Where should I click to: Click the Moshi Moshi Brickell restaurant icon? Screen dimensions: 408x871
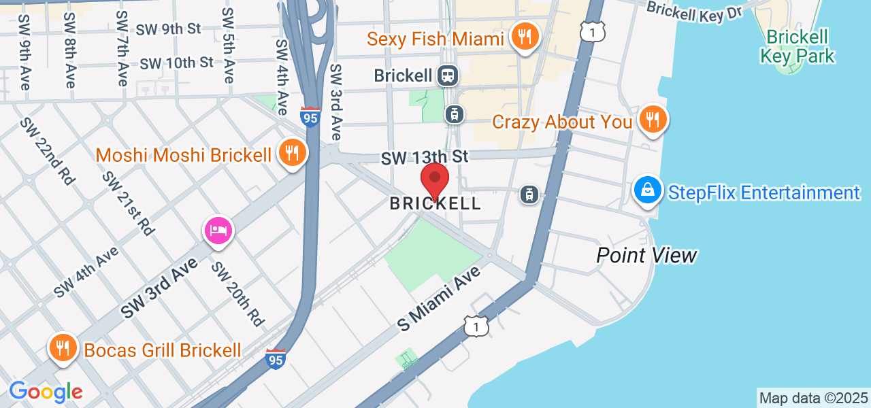click(x=292, y=153)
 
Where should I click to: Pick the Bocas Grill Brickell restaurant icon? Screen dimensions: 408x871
click(x=63, y=349)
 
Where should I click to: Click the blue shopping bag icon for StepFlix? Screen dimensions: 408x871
click(x=648, y=190)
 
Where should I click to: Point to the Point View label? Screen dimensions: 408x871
click(x=646, y=256)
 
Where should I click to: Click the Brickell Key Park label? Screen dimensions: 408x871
click(x=798, y=46)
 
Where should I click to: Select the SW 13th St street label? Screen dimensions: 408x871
click(x=425, y=158)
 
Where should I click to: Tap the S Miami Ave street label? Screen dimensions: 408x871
click(x=439, y=299)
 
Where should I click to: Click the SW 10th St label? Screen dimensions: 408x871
click(x=176, y=63)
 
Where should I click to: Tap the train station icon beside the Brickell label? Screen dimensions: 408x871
click(x=447, y=75)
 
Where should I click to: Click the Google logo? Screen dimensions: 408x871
click(x=46, y=392)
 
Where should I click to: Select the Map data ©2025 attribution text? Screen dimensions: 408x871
click(x=813, y=398)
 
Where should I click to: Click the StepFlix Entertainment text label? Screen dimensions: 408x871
click(x=763, y=192)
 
